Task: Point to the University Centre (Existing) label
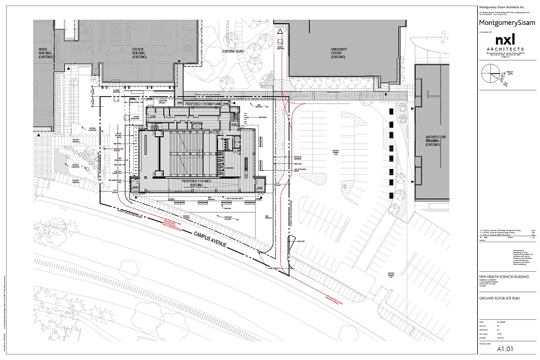point(338,53)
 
